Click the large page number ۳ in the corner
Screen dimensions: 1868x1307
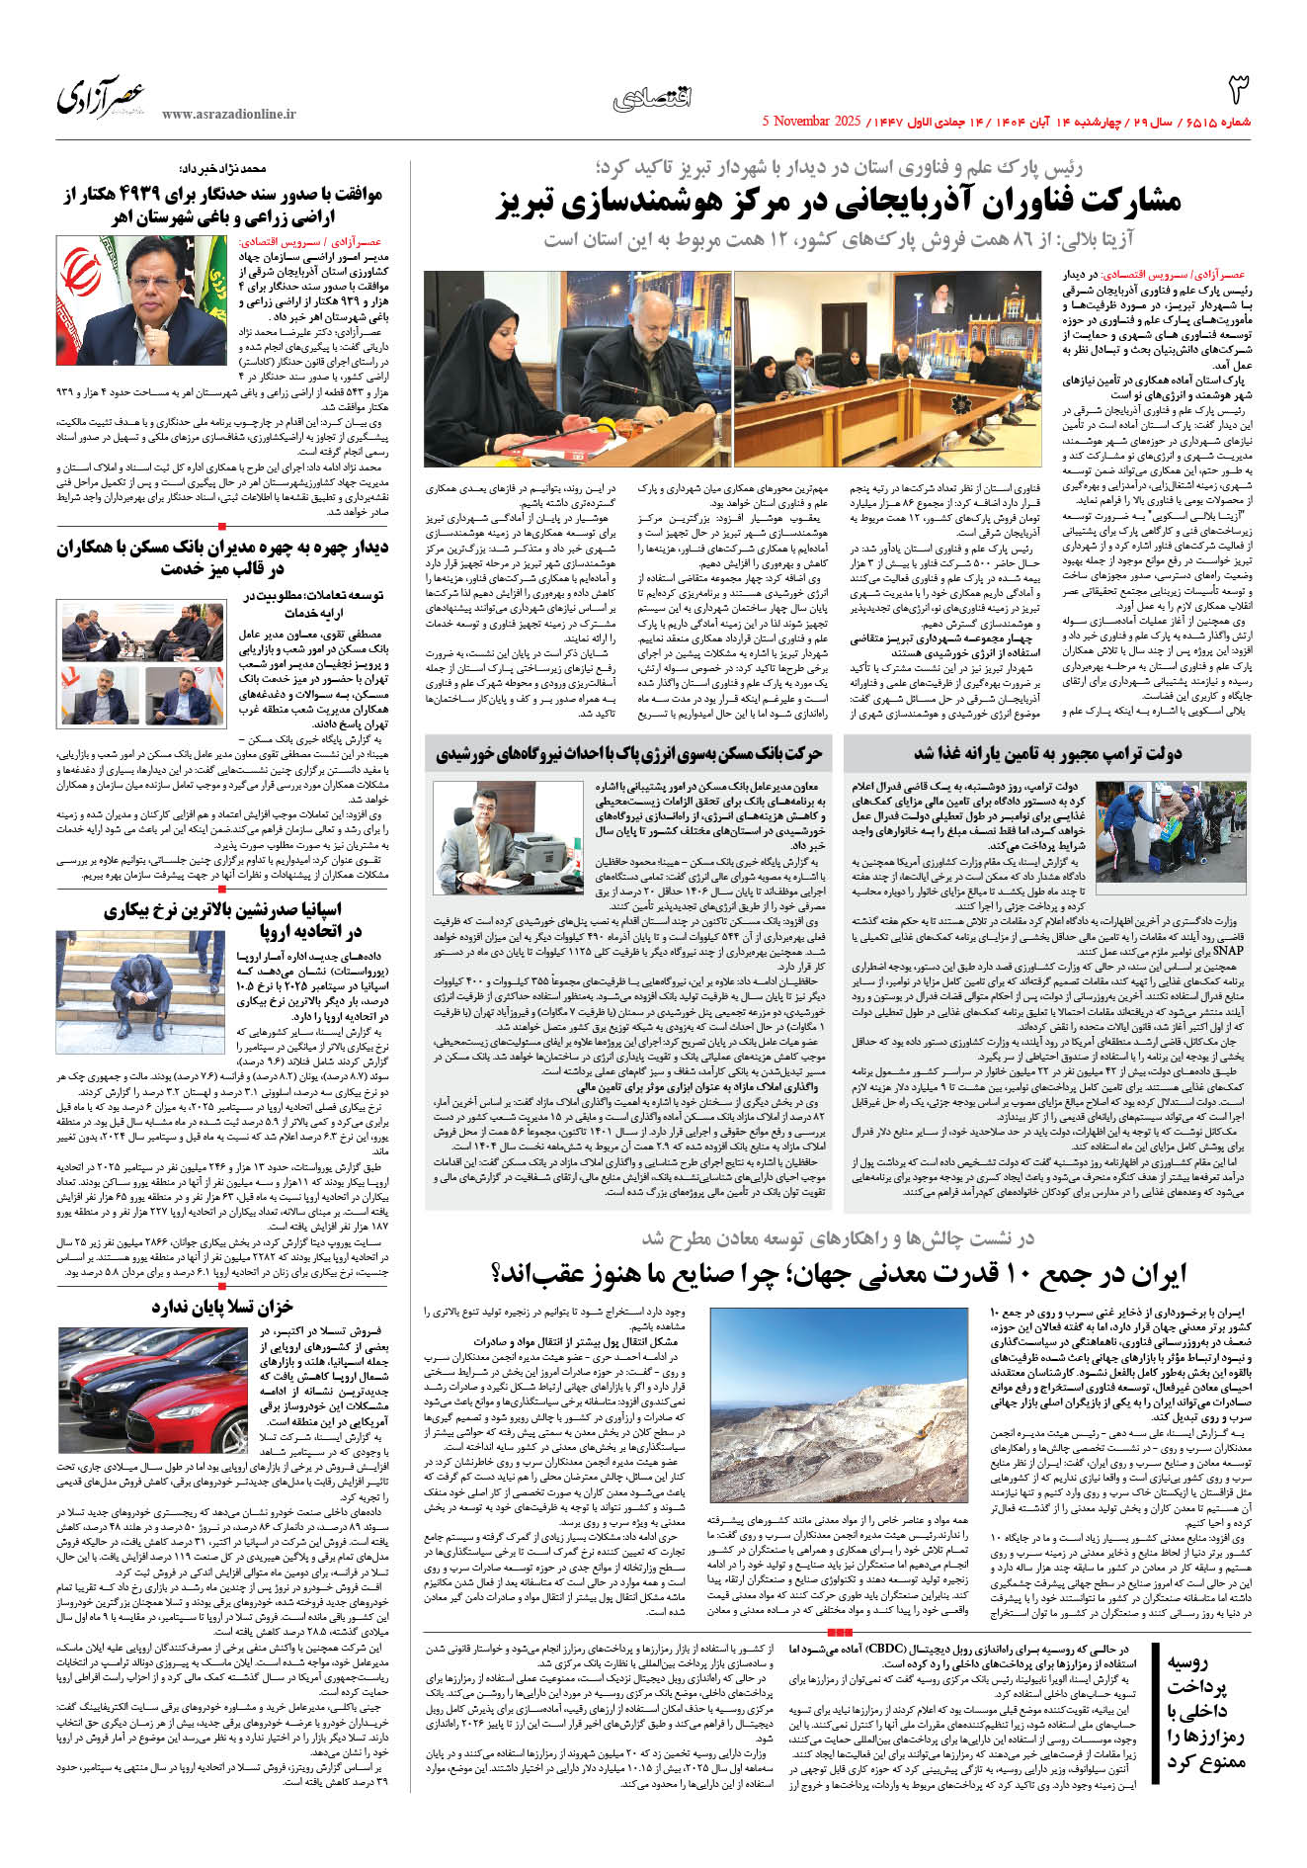click(1238, 89)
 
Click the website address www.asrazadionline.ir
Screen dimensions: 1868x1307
click(228, 115)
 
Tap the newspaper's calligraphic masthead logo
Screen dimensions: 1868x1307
click(101, 96)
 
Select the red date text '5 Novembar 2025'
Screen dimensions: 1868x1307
click(812, 122)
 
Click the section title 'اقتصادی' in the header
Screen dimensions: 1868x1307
click(653, 98)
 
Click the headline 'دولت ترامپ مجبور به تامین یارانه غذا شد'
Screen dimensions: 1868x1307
click(1047, 754)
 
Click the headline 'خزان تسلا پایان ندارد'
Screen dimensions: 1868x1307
click(222, 1308)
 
